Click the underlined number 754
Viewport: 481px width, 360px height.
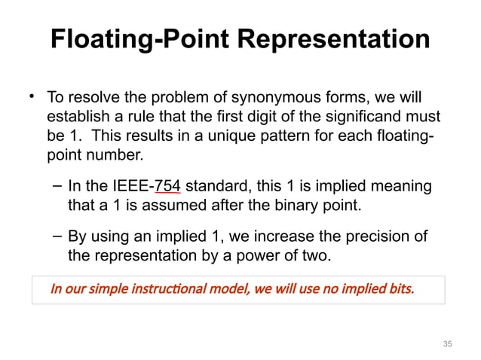(168, 187)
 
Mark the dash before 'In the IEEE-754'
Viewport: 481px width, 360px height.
(57, 185)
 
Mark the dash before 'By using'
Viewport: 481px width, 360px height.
(57, 236)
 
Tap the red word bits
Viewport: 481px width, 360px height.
(399, 288)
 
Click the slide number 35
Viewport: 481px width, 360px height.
(447, 344)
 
